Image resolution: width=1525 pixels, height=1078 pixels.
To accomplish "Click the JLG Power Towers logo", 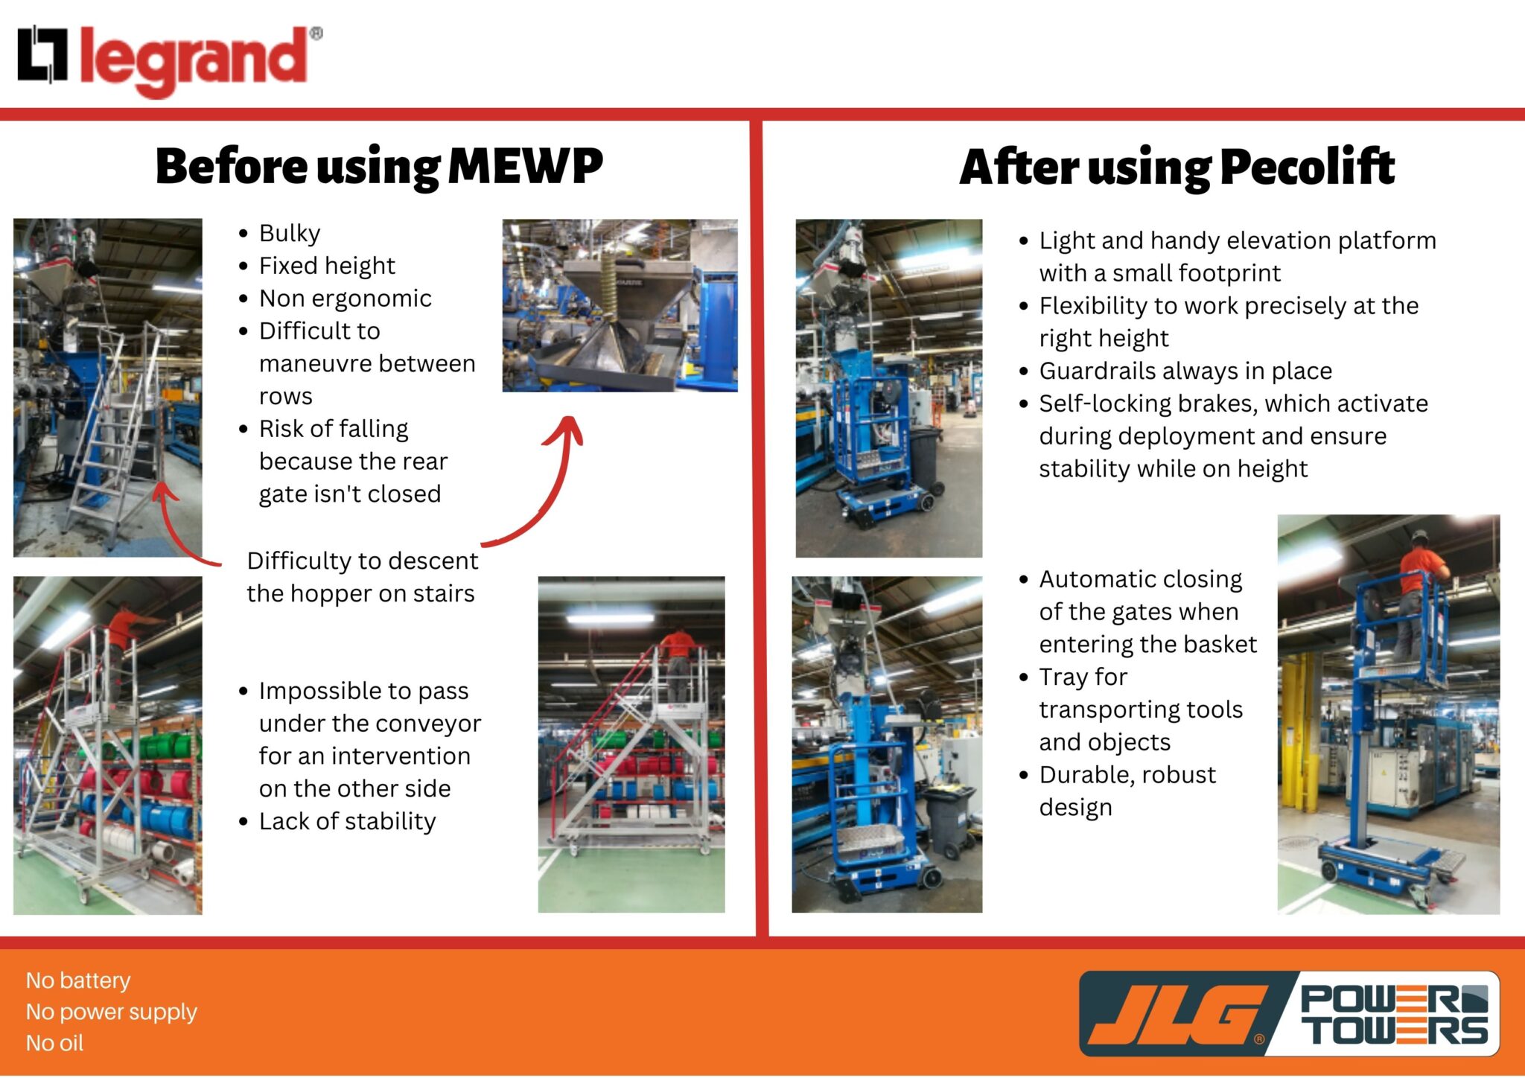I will click(1288, 1014).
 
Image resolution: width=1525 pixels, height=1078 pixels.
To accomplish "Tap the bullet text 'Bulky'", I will click(289, 233).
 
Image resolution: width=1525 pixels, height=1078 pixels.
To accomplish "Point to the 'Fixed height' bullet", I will click(326, 266).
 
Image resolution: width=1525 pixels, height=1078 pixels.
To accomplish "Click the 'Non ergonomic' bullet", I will click(345, 299).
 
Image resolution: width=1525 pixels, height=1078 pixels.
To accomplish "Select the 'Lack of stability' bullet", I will click(347, 821).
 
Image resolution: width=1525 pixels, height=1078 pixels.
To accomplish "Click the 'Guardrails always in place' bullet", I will click(1185, 371).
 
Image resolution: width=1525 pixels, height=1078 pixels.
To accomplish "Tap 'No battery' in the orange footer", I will click(78, 980).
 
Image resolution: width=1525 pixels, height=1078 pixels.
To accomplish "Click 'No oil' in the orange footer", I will click(54, 1043).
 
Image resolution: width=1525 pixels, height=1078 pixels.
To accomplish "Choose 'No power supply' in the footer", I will click(111, 1012).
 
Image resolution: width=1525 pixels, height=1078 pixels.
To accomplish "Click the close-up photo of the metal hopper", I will click(620, 305).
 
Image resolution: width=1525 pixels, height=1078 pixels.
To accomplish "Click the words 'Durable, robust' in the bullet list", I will click(1127, 775).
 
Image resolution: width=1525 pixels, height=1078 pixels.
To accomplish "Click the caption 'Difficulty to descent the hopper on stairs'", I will click(362, 577).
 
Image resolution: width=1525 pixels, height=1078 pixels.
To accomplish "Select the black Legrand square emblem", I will click(43, 54).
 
